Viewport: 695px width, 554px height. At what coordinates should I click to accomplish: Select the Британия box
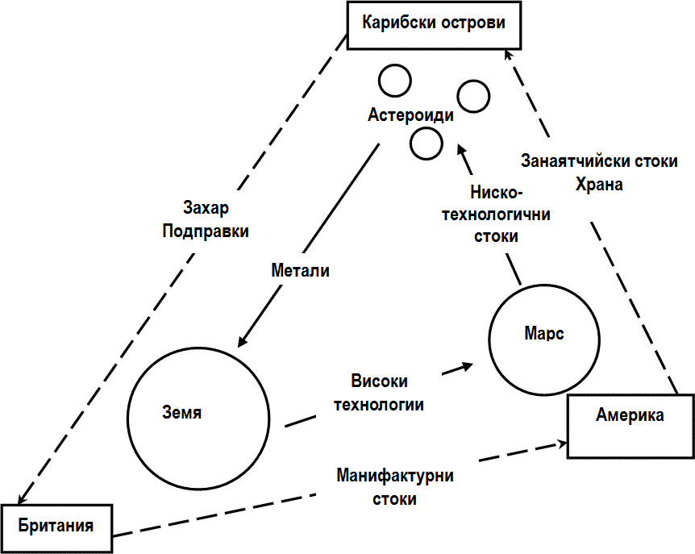click(56, 527)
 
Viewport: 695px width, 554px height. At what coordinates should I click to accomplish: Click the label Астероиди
click(410, 115)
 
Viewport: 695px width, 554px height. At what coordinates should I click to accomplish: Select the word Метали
click(300, 271)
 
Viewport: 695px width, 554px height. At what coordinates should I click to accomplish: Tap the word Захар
click(206, 208)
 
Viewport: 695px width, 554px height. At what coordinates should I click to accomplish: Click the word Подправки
click(205, 230)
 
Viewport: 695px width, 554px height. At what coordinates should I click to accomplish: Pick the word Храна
click(599, 184)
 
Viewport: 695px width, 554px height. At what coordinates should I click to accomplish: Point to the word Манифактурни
click(395, 476)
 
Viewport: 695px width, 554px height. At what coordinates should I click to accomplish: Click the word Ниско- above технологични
click(497, 194)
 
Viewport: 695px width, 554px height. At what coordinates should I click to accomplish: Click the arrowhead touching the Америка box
click(562, 443)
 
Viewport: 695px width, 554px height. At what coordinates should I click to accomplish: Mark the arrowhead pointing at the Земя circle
click(241, 341)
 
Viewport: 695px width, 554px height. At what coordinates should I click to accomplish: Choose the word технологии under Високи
click(380, 404)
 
